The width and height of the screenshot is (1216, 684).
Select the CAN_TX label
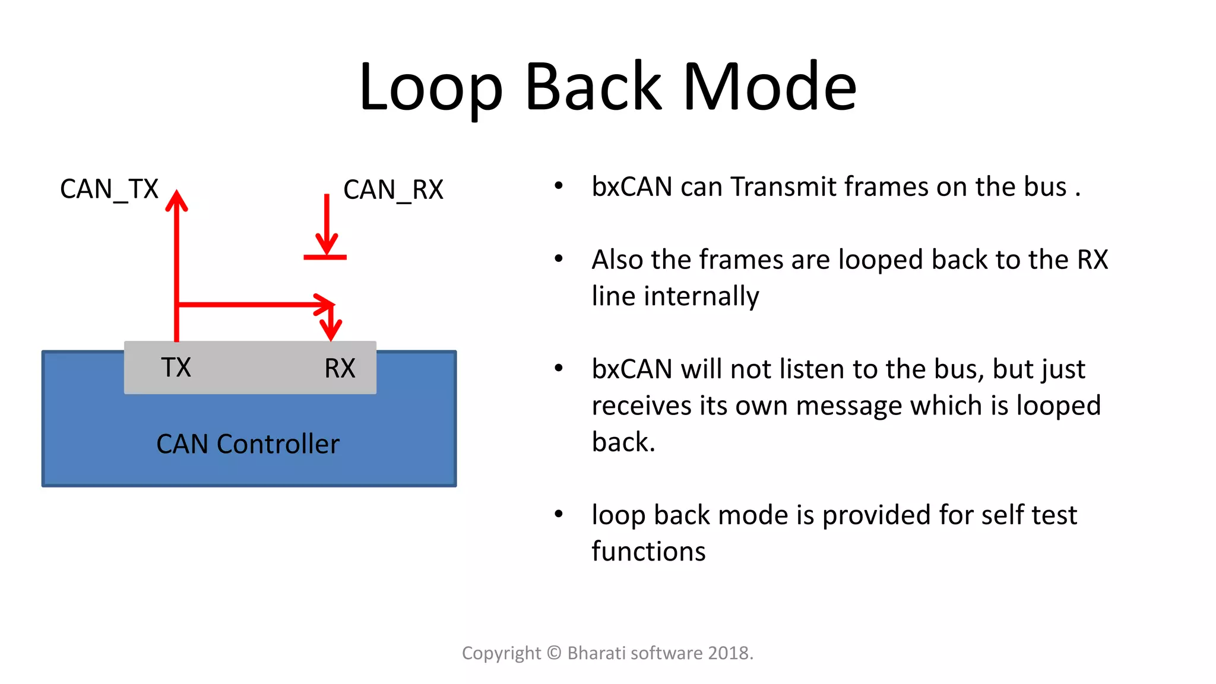[109, 189]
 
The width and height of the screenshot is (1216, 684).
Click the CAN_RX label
[393, 190]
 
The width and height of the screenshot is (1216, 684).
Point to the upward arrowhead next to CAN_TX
[176, 199]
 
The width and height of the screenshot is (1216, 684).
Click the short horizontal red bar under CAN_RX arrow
[325, 257]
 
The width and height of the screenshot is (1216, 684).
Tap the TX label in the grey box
[176, 368]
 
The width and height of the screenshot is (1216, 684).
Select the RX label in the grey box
[340, 369]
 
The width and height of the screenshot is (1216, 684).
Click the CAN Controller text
[248, 444]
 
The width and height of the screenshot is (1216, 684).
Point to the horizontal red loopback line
[249, 305]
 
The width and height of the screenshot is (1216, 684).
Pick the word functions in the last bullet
[648, 552]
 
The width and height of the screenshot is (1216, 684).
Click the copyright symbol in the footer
[554, 653]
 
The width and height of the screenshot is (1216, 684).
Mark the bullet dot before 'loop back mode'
[558, 514]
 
